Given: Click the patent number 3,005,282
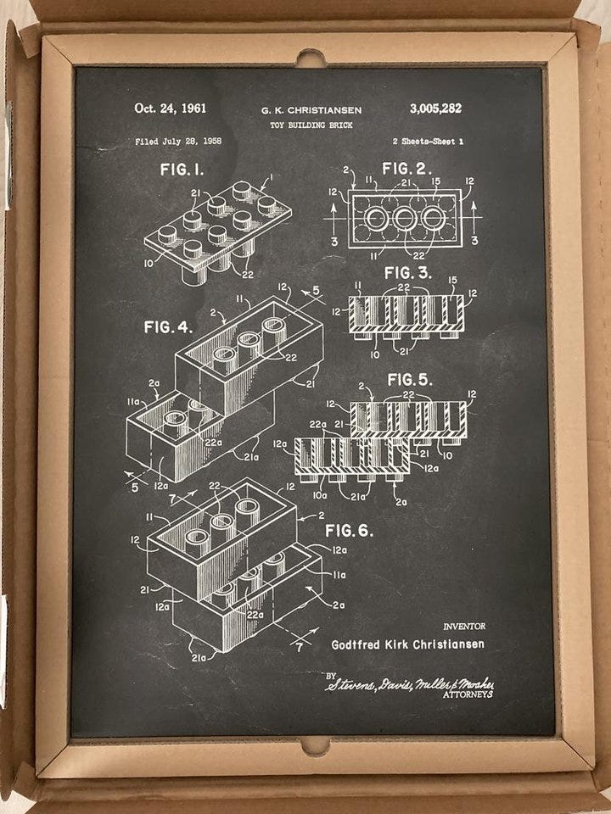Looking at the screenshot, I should pyautogui.click(x=434, y=109).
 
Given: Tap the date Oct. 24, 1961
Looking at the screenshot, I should pyautogui.click(x=170, y=109).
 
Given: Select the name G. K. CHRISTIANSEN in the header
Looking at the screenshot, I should pyautogui.click(x=311, y=110).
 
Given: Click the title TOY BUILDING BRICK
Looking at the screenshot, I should pyautogui.click(x=311, y=125).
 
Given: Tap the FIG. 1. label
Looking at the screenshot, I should pyautogui.click(x=182, y=170).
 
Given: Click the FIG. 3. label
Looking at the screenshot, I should pyautogui.click(x=407, y=273).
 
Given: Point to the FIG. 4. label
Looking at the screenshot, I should pyautogui.click(x=168, y=326).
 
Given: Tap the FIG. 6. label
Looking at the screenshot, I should pyautogui.click(x=349, y=531).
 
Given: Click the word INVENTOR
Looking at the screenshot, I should pyautogui.click(x=463, y=627).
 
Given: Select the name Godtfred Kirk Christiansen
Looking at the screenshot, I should pyautogui.click(x=408, y=644).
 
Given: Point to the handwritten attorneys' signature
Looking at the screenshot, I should pyautogui.click(x=410, y=683).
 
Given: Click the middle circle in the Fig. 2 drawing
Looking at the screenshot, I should pyautogui.click(x=404, y=218).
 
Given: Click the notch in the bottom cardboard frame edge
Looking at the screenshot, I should pyautogui.click(x=315, y=745).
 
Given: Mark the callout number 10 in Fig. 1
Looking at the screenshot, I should pyautogui.click(x=149, y=264).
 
